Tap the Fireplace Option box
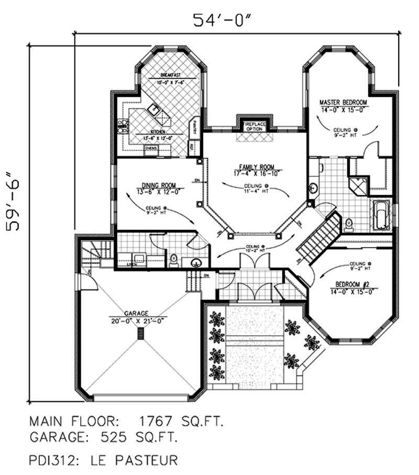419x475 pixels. [x=255, y=126]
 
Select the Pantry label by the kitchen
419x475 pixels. [x=194, y=126]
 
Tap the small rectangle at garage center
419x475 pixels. [x=140, y=334]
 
